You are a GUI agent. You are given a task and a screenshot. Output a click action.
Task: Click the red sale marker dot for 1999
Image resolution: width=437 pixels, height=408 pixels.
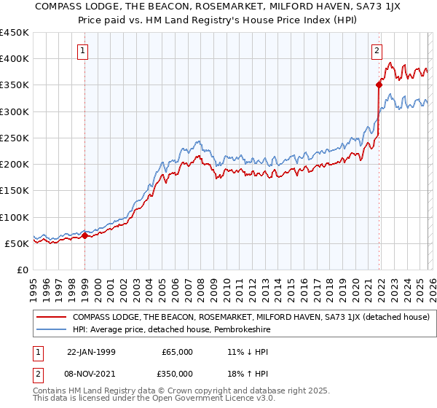tap(84, 235)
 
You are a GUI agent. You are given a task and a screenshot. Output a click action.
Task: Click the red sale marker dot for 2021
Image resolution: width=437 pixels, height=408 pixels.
tap(379, 85)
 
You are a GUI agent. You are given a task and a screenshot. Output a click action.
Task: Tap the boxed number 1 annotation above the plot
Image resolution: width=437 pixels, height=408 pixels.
tap(84, 51)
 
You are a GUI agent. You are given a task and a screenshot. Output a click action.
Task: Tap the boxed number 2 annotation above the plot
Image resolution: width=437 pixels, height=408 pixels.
tap(377, 51)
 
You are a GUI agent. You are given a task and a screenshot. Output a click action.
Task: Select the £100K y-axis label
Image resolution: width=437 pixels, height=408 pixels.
tap(15, 217)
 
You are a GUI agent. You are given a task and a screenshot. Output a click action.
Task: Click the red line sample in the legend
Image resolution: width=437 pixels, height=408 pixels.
tap(51, 317)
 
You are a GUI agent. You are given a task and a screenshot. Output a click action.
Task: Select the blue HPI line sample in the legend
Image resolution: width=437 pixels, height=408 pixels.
tap(51, 329)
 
